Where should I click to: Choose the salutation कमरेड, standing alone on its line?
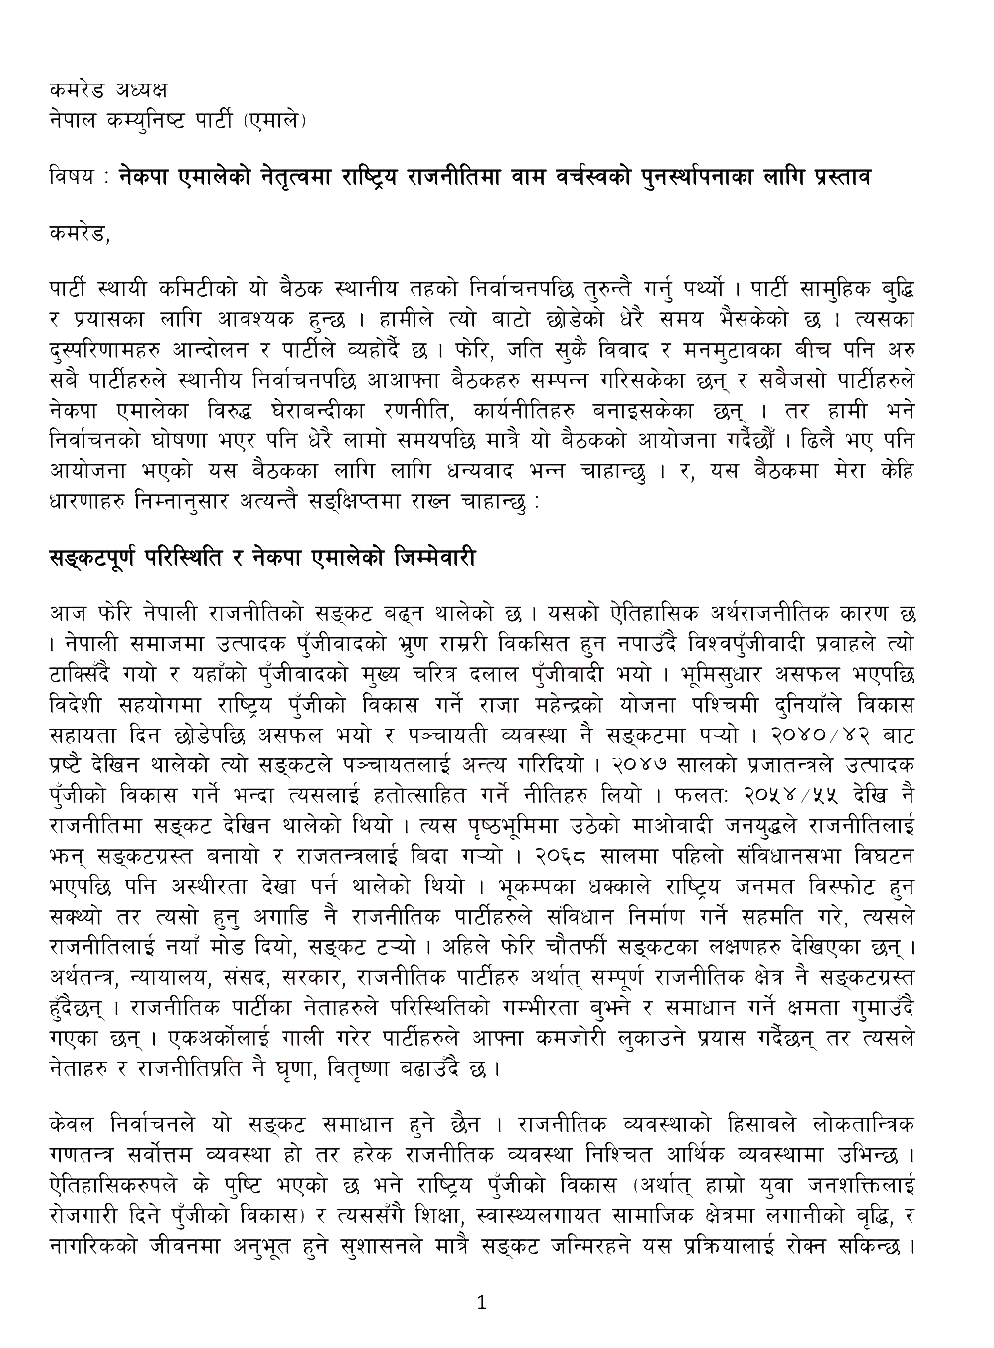point(80,237)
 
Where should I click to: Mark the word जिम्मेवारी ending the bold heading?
point(428,558)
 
